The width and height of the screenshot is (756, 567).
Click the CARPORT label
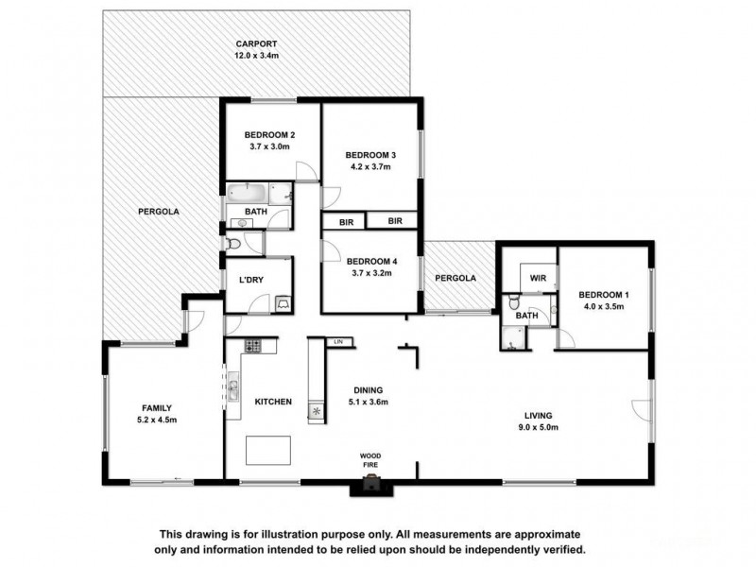(x=256, y=43)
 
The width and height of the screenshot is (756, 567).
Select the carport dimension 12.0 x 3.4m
(x=256, y=56)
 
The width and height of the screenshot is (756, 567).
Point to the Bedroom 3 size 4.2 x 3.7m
(x=369, y=166)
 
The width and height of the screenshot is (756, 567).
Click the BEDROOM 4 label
(x=369, y=261)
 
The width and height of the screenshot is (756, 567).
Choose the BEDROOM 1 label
(x=604, y=294)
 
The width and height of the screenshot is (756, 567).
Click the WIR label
(x=538, y=278)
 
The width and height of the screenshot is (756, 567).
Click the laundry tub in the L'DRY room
(x=283, y=304)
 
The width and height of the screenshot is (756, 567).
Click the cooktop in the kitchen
(x=253, y=345)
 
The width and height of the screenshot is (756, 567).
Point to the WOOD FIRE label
(x=370, y=460)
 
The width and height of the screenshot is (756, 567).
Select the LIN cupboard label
(x=337, y=340)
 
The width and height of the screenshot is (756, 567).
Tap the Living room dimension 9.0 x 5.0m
(x=539, y=427)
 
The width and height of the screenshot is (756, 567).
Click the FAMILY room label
(x=157, y=408)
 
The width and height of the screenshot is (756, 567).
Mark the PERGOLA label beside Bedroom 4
(x=455, y=279)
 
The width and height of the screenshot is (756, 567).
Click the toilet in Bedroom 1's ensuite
(x=511, y=304)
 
